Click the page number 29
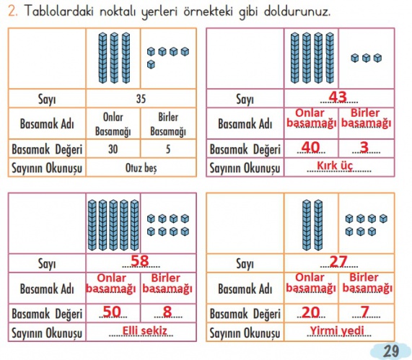(x=391, y=351)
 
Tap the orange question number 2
(x=12, y=11)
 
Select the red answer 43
(x=338, y=97)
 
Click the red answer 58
(x=140, y=260)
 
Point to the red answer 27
(x=338, y=261)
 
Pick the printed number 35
(x=141, y=99)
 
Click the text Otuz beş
(x=141, y=168)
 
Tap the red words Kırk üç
(x=335, y=165)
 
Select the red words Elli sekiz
(x=145, y=330)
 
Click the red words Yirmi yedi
(x=337, y=330)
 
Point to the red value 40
(x=310, y=147)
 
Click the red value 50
(x=112, y=312)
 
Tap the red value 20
(x=310, y=312)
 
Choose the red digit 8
(x=167, y=312)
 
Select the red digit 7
(x=365, y=312)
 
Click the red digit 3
(x=364, y=147)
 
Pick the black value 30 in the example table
(x=113, y=149)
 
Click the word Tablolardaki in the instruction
(x=59, y=11)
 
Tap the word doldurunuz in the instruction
(x=297, y=12)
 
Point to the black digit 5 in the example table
(x=168, y=149)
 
